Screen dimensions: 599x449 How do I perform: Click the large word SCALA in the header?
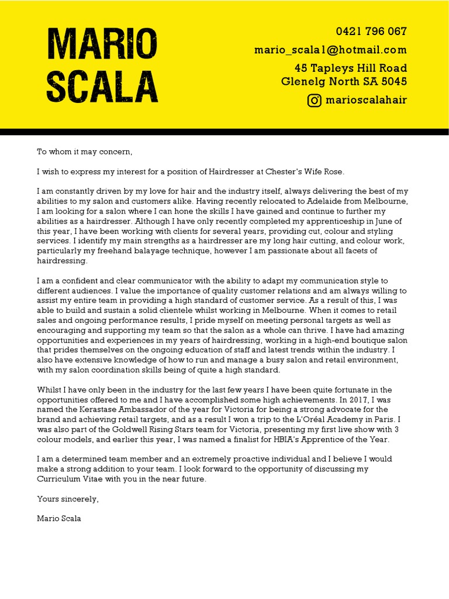tap(102, 86)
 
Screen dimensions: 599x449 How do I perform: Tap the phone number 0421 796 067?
tap(371, 32)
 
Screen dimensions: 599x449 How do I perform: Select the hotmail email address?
tap(330, 50)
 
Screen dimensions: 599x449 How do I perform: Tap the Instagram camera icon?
tap(315, 100)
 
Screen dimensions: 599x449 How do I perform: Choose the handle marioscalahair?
tap(366, 100)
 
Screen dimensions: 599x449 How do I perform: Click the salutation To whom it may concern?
tap(85, 152)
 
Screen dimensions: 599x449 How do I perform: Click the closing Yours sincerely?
tap(68, 499)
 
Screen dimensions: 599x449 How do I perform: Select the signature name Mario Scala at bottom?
tap(59, 518)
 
